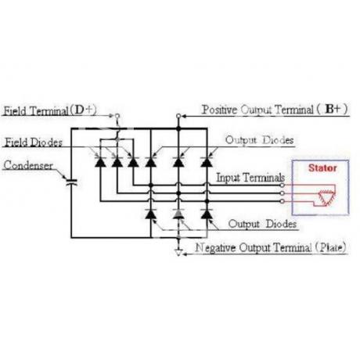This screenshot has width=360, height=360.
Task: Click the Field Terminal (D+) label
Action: point(50,110)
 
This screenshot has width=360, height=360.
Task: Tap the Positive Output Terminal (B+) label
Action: point(275,110)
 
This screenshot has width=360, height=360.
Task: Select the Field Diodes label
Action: point(34,142)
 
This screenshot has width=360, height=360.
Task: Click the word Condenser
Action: point(28,165)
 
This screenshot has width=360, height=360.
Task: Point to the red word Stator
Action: point(322,168)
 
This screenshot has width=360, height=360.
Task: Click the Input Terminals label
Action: point(250,178)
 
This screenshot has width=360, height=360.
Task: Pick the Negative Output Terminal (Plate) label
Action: point(271,247)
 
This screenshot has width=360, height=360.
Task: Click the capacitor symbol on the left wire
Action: point(71,182)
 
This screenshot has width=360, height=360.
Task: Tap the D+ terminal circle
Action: point(117,116)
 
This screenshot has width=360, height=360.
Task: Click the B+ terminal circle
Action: point(178,116)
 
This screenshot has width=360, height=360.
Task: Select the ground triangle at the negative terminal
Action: point(178,252)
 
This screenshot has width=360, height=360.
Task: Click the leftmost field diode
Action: point(100,162)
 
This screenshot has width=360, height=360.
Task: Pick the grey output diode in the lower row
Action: point(178,214)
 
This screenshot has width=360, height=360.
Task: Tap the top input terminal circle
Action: point(282,185)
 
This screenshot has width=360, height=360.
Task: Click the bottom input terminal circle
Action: point(282,201)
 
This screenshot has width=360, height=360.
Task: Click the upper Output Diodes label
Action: point(259,140)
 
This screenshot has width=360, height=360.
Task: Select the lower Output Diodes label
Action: point(262,224)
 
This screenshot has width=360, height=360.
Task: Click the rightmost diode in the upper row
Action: point(207,162)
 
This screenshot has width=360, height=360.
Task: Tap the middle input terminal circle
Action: point(282,193)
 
